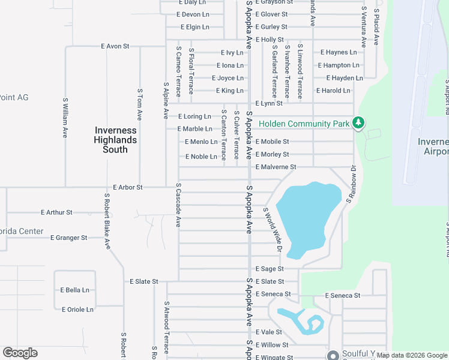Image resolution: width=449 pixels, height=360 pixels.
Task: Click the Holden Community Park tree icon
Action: tap(358, 122)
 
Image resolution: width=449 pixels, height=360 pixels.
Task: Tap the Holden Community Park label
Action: tap(304, 124)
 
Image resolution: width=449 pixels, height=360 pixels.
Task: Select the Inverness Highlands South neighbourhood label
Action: tap(115, 140)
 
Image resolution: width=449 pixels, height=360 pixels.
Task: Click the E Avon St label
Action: tap(115, 46)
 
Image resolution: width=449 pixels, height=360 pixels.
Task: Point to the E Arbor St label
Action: tap(128, 187)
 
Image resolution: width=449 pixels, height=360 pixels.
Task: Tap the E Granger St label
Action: tap(69, 238)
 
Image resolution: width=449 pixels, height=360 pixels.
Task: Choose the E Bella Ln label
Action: tap(74, 290)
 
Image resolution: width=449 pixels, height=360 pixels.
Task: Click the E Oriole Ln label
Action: tap(77, 310)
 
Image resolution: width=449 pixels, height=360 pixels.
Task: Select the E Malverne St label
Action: tap(276, 167)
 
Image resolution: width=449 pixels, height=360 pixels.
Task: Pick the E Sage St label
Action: tap(269, 269)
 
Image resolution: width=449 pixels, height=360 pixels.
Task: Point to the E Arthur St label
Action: tap(56, 212)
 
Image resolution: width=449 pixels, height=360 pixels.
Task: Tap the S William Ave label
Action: tap(65, 118)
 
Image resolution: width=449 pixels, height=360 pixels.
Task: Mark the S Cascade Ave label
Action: tap(178, 205)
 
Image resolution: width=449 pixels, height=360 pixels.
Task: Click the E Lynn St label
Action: tap(269, 103)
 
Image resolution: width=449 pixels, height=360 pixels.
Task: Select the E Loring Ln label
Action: tap(195, 116)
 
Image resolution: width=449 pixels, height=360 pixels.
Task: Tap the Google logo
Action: tap(20, 353)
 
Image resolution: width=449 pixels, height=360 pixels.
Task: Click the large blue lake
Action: tap(306, 216)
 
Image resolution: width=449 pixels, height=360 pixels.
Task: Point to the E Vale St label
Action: tap(268, 332)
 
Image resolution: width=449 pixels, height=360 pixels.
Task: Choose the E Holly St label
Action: tap(269, 40)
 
